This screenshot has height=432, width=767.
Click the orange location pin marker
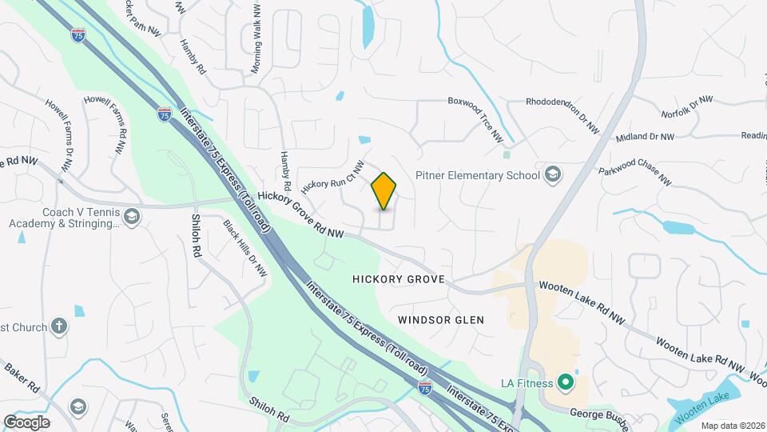click(x=384, y=191)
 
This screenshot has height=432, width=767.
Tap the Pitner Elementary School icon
click(x=552, y=175)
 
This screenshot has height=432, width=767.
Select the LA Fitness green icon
click(x=566, y=383)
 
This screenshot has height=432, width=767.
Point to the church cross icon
click(x=58, y=326)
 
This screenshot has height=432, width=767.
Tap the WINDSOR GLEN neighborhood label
click(x=441, y=319)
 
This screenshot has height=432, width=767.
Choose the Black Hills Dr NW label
click(x=244, y=249)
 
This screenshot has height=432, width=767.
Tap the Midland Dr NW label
click(x=646, y=138)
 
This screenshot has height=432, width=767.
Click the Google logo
click(x=26, y=422)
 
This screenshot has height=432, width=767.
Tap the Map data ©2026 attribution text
click(x=732, y=426)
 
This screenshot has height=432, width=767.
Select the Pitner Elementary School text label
click(x=477, y=175)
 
